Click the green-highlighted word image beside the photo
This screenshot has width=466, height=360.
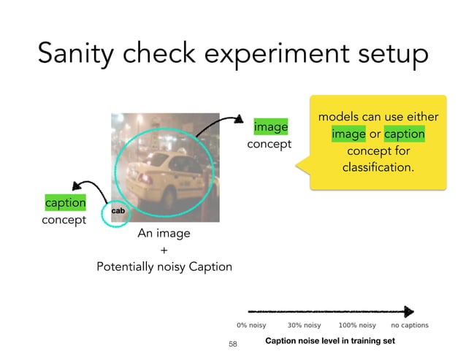click(270, 127)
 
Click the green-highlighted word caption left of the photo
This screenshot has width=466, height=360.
click(65, 202)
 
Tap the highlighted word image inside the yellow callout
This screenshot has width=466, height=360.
click(348, 135)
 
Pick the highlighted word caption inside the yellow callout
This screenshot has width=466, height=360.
click(404, 135)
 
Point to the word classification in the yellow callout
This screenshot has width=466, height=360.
click(378, 169)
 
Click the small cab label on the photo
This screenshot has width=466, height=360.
click(117, 211)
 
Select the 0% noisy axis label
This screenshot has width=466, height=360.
click(251, 325)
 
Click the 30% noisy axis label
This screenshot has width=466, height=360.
click(305, 325)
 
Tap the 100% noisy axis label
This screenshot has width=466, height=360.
click(357, 325)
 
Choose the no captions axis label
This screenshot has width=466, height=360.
click(410, 325)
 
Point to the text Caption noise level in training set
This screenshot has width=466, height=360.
click(330, 341)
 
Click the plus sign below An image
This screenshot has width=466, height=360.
click(164, 250)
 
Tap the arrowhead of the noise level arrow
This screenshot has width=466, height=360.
click(409, 310)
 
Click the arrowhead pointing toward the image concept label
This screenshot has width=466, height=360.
click(241, 119)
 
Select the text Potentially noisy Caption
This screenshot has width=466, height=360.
click(164, 267)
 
